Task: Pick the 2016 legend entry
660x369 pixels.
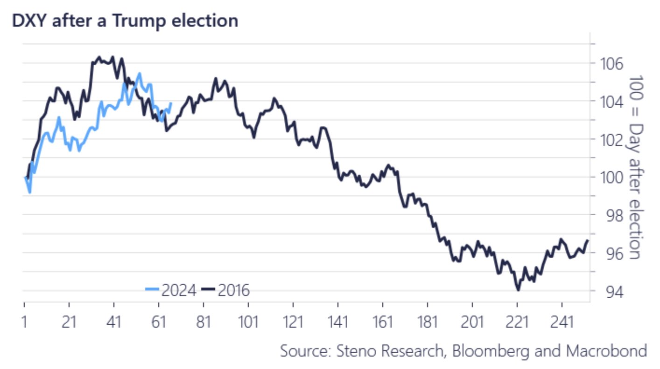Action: click(x=227, y=290)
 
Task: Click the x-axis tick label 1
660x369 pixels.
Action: click(x=24, y=321)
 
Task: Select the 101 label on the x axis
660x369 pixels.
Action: click(x=248, y=321)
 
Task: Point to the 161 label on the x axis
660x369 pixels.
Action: click(x=383, y=321)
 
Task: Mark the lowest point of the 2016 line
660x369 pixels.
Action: click(x=518, y=290)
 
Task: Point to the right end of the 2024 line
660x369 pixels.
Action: click(x=171, y=103)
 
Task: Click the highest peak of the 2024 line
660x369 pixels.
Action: click(x=139, y=74)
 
